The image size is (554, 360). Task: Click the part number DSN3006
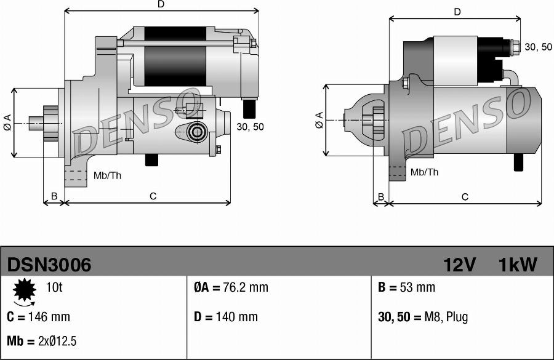coord(49,265)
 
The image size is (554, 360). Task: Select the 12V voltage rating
coord(460,265)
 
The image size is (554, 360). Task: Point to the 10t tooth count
coord(54,287)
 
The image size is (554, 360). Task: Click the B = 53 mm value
coord(406,287)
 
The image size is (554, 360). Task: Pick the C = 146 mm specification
coord(38,317)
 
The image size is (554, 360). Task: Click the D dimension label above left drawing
coord(161,5)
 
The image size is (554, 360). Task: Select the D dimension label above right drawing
coord(457,12)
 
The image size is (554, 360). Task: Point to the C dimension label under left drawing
coord(153,196)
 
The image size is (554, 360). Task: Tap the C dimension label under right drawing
coord(465,197)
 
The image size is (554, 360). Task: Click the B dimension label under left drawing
coord(54,196)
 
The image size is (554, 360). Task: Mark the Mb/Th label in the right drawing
coord(424,172)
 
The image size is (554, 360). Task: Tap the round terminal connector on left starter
coord(198,131)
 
